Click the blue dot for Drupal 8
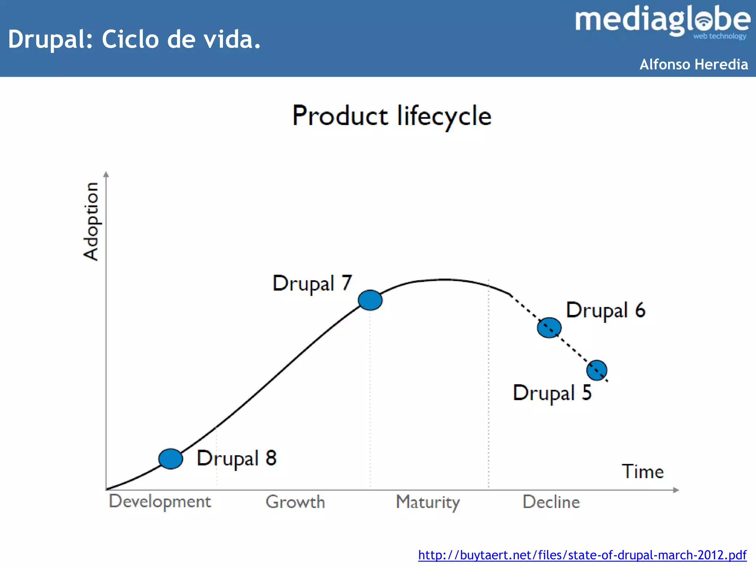[x=171, y=459]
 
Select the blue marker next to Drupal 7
[x=370, y=300]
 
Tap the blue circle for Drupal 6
[x=549, y=327]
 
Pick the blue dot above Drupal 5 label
[x=597, y=370]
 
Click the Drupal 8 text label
[x=237, y=458]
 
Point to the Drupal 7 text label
[x=312, y=283]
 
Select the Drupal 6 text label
[x=606, y=310]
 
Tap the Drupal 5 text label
[x=552, y=393]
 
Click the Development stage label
[x=160, y=502]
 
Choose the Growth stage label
[x=295, y=502]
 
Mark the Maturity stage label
[x=428, y=502]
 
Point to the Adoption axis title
[x=91, y=221]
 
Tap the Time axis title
[x=643, y=471]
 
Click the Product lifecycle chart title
[x=392, y=116]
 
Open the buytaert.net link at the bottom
[x=582, y=555]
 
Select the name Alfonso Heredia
[x=694, y=64]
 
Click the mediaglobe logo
[x=663, y=21]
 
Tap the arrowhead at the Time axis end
[x=676, y=490]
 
